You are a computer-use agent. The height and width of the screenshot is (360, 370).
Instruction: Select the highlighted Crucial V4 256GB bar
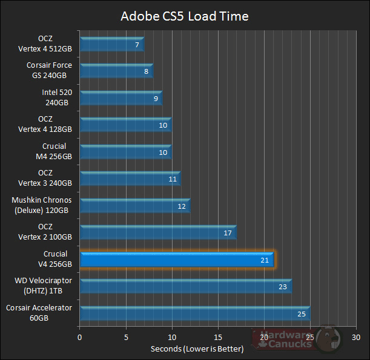176,260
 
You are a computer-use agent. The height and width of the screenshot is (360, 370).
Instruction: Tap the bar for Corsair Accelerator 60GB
194,313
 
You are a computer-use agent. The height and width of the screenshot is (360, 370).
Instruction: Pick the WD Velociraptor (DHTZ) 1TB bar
185,287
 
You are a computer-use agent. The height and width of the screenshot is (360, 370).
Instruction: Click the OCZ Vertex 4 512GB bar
111,44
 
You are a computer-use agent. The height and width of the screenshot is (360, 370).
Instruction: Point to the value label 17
228,233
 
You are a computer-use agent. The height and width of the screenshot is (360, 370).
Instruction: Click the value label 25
302,313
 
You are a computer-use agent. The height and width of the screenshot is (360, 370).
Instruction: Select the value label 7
137,45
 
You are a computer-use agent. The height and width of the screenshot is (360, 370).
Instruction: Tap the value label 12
182,206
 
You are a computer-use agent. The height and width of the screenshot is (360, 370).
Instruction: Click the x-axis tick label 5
125,336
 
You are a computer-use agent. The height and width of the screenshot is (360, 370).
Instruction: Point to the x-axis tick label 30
357,336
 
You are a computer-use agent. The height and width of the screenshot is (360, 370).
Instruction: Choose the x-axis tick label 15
218,336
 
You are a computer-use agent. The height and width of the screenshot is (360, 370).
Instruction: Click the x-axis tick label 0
79,336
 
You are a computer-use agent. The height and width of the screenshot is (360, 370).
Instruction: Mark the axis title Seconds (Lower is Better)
197,349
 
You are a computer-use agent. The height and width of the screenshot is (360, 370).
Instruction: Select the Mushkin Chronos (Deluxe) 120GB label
42,205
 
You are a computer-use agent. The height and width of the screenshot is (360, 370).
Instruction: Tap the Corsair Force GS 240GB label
49,70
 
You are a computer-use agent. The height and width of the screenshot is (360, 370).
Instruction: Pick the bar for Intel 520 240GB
120,98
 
